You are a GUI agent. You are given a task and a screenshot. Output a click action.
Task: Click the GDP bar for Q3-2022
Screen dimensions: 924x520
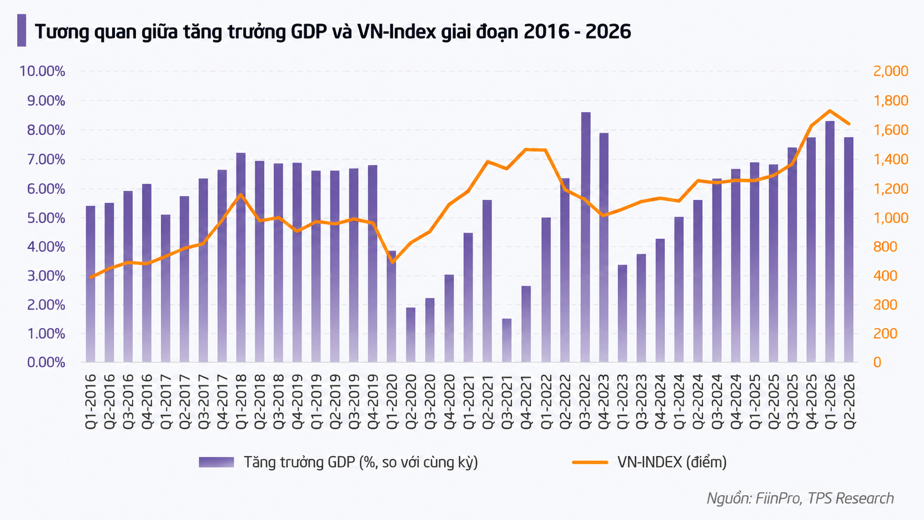586,237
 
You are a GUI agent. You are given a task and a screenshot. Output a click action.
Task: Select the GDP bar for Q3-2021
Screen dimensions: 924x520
507,340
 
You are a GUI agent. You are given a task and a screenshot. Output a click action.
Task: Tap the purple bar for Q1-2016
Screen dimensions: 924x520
90,284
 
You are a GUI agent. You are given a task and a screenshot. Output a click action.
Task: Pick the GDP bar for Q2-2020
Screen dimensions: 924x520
411,335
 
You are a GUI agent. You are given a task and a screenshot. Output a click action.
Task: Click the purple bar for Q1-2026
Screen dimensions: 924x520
830,241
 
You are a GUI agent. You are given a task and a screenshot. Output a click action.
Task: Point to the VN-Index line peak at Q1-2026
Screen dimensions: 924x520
830,111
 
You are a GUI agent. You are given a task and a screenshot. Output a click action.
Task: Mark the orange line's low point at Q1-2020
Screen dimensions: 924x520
392,262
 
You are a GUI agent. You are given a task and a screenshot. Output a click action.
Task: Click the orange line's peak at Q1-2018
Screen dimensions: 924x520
242,195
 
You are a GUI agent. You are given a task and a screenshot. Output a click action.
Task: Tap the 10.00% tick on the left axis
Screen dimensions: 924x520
42,71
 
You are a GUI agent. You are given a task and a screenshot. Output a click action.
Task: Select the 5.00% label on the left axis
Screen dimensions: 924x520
46,218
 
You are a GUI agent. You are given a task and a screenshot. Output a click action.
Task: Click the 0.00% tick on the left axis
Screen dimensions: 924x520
46,363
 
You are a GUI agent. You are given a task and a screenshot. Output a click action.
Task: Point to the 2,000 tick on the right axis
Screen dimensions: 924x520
891,71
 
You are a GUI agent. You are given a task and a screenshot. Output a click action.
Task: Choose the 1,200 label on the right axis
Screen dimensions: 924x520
891,189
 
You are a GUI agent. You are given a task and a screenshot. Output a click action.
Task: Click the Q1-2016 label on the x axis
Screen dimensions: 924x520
90,402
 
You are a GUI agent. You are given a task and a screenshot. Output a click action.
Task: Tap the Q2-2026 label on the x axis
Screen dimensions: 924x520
849,402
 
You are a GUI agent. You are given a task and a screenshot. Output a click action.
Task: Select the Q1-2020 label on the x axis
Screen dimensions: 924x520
392,402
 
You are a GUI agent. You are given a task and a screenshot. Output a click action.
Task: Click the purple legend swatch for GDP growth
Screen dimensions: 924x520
216,463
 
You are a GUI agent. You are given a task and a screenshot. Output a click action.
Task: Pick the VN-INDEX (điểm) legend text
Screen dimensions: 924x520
672,463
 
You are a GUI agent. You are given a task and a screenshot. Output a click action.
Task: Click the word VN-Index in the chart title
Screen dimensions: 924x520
396,31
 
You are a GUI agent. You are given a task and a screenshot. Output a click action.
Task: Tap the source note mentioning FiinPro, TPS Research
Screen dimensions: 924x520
800,498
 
